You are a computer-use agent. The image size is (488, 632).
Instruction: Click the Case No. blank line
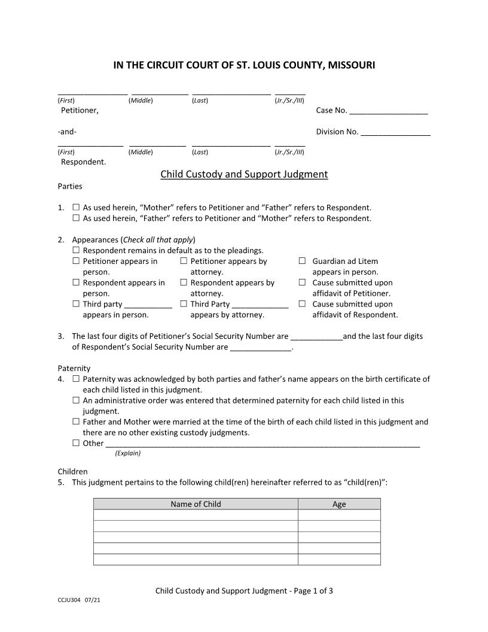point(389,111)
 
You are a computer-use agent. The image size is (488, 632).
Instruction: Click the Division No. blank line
point(395,133)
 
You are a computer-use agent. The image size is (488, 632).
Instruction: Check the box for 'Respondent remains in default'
point(76,250)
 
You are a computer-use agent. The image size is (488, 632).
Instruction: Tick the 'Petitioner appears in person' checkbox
point(76,261)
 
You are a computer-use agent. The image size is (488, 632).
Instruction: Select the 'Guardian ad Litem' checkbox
point(302,261)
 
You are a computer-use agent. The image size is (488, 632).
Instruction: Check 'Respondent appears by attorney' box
point(184,282)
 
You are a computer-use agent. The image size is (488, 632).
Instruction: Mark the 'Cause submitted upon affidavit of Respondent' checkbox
point(302,304)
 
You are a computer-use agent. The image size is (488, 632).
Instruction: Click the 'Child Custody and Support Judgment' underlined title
point(244,175)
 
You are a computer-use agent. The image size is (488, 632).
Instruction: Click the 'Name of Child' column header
point(196,505)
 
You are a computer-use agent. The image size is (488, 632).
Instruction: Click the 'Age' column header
point(339,505)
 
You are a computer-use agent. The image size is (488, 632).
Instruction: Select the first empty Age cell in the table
point(339,515)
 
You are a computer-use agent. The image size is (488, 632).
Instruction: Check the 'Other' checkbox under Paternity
point(76,443)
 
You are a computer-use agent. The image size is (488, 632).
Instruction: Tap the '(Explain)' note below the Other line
point(127,453)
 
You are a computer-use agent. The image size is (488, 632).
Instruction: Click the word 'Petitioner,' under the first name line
point(80,111)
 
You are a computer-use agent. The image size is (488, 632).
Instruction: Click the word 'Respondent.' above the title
point(84,162)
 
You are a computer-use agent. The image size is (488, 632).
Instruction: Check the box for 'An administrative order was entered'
point(76,400)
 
